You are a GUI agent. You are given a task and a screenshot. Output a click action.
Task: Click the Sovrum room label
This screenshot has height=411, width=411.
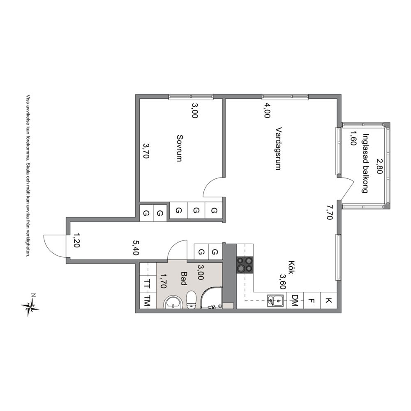pyautogui.click(x=180, y=148)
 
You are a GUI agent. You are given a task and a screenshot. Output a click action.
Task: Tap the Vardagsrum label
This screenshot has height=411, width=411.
pyautogui.click(x=279, y=149)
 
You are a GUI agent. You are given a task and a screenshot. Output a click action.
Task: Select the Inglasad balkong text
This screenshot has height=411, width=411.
pyautogui.click(x=365, y=163)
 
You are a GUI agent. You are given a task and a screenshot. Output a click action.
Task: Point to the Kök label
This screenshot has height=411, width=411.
pyautogui.click(x=291, y=268)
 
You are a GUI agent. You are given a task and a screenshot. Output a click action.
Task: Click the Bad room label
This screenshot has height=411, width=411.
pyautogui.click(x=184, y=278)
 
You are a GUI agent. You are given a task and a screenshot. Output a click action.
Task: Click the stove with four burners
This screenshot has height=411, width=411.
pyautogui.click(x=245, y=265)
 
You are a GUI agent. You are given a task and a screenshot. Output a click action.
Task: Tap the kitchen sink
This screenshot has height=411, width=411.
pyautogui.click(x=275, y=300)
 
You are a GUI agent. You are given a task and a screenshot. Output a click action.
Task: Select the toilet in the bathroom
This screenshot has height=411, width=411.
pyautogui.click(x=192, y=300)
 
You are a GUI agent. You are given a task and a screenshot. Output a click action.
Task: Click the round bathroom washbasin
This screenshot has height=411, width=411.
pyautogui.click(x=173, y=302)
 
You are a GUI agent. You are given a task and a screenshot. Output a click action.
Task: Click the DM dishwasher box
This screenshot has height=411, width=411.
pyautogui.click(x=295, y=300)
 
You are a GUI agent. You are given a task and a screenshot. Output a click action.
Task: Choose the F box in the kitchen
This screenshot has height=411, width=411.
pyautogui.click(x=312, y=300)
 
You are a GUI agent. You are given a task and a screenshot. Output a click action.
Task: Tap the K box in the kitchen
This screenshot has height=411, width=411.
pyautogui.click(x=329, y=300)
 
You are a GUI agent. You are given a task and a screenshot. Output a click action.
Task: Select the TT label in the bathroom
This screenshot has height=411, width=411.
pyautogui.click(x=147, y=284)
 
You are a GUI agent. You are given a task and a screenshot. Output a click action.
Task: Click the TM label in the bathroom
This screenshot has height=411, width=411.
pyautogui.click(x=147, y=301)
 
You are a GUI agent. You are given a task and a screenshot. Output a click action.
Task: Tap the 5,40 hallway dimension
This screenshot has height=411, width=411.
pyautogui.click(x=136, y=248)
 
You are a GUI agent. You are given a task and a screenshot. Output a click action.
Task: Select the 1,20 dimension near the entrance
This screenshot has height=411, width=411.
pyautogui.click(x=77, y=240)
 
